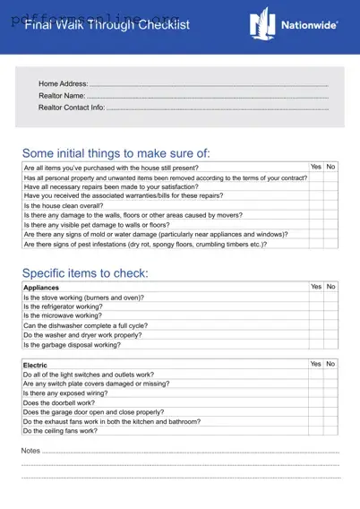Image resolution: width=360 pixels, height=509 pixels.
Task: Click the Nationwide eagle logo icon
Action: (262, 22)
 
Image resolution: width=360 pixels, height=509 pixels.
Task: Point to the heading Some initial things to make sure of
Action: (116, 153)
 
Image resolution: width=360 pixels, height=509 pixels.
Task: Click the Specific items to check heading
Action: (85, 272)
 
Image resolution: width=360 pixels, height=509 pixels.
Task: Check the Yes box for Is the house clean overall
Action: (316, 205)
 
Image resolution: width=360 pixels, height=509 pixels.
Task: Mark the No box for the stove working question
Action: (331, 298)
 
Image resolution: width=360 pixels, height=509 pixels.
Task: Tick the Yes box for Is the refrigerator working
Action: (316, 306)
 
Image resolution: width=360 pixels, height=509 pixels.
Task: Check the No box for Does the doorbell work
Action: (331, 402)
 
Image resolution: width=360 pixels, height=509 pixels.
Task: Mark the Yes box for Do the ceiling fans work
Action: (316, 431)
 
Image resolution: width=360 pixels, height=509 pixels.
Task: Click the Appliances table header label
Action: (41, 288)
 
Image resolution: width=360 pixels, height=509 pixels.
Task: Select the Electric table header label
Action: (36, 365)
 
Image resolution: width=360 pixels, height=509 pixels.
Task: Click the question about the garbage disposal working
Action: (72, 344)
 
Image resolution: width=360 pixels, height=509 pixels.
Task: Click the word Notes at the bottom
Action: (30, 450)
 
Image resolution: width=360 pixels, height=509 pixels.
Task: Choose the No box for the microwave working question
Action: (331, 316)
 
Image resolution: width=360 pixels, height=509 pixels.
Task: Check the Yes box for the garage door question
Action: (316, 412)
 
